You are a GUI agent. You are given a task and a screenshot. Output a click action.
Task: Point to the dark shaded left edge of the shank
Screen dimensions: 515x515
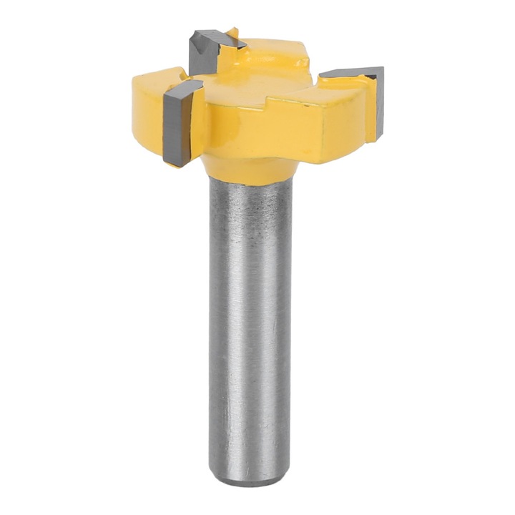coord(213,322)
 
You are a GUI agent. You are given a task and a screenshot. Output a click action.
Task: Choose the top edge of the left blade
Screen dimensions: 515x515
coord(182,84)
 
